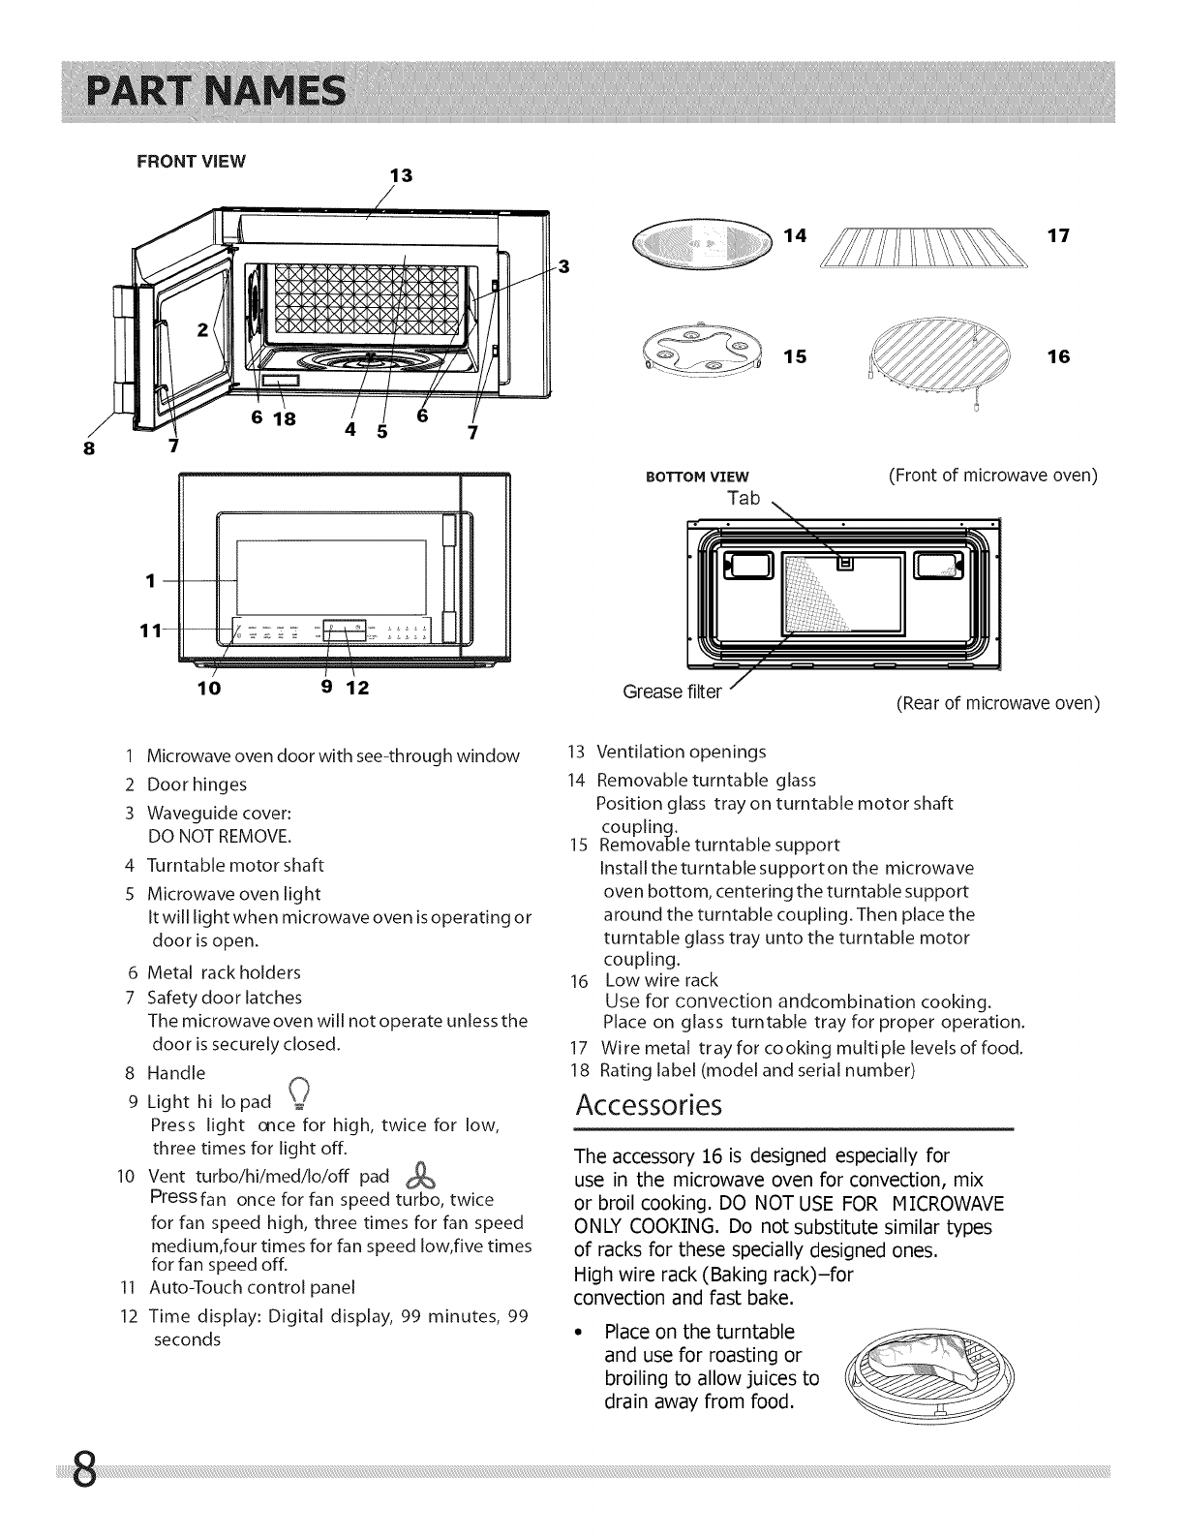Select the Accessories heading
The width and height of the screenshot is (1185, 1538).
coord(649,1105)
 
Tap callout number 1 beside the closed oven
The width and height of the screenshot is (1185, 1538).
coord(150,581)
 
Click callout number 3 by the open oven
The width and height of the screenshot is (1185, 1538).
coord(564,266)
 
